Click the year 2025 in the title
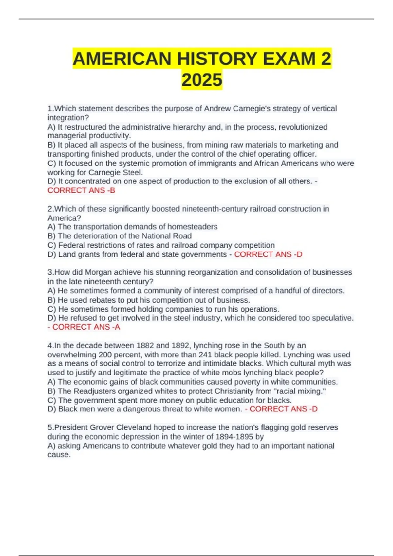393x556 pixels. coord(202,80)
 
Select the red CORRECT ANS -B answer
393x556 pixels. coord(81,190)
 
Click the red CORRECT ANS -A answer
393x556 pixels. coord(86,327)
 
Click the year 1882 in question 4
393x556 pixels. coord(145,345)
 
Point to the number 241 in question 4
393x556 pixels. coord(205,355)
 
